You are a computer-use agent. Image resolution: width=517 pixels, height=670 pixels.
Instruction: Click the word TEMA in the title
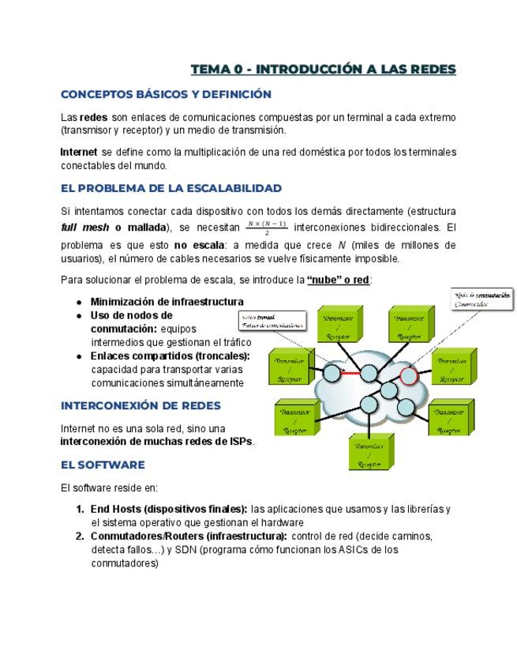[x=210, y=70]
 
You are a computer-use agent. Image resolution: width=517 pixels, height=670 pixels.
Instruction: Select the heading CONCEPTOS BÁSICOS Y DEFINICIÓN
[x=166, y=94]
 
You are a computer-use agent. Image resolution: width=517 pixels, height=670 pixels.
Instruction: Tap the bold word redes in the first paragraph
[x=94, y=117]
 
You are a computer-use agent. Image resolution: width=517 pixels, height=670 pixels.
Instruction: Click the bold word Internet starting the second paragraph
[x=79, y=152]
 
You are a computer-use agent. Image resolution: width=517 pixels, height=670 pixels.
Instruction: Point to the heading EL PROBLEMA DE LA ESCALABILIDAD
[x=171, y=188]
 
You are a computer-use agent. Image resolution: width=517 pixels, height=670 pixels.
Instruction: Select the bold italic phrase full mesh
[x=85, y=228]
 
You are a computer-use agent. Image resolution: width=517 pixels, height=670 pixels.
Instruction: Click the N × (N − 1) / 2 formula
[x=266, y=228]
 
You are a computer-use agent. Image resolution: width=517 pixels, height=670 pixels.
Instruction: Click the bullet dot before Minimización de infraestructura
[x=80, y=302]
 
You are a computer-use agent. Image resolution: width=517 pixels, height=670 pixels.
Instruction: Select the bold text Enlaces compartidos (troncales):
[x=170, y=356]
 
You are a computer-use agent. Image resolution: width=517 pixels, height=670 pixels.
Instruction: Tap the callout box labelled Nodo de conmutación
[x=482, y=299]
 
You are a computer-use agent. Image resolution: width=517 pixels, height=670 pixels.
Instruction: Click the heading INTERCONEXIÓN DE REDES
[x=140, y=405]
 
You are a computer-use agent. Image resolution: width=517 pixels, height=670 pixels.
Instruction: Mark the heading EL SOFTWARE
[x=103, y=465]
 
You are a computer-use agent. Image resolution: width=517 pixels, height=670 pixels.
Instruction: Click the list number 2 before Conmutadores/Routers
[x=80, y=536]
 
